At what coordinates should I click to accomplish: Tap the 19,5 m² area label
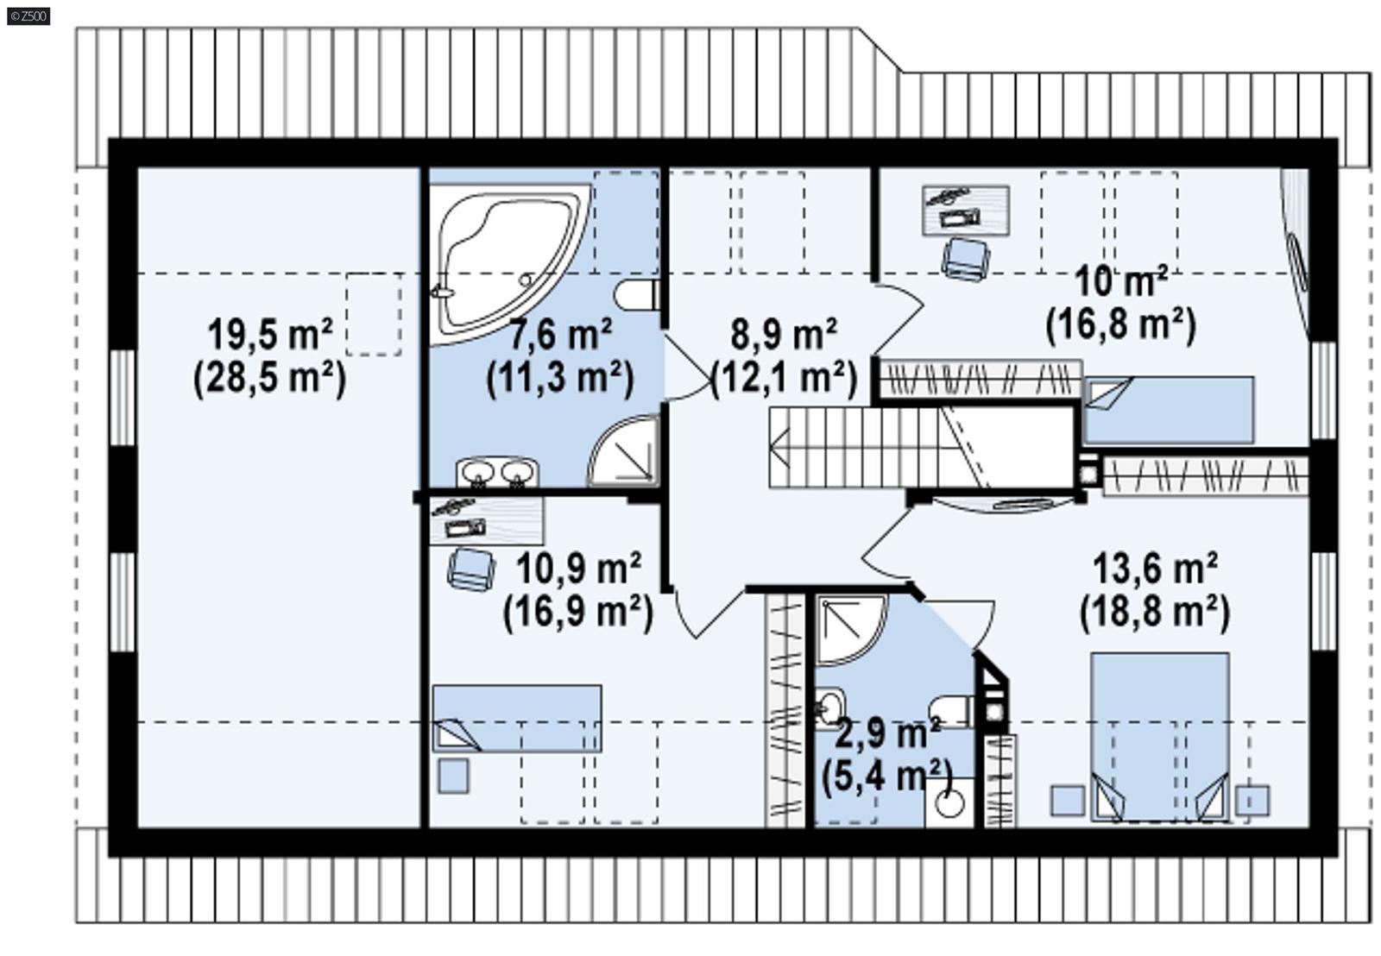tap(269, 334)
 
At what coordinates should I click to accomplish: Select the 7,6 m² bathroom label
tap(560, 334)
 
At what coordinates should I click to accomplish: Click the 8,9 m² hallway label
tap(783, 334)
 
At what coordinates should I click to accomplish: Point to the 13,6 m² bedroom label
tap(1155, 569)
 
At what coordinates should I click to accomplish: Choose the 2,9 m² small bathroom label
tap(887, 733)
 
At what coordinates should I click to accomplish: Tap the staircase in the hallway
tap(863, 447)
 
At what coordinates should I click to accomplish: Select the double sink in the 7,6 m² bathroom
tap(497, 473)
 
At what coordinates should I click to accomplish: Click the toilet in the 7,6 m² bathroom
tap(640, 295)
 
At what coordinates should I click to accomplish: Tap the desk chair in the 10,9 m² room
tap(470, 569)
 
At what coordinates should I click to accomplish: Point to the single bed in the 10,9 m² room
tap(517, 718)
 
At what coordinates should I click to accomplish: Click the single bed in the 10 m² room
tap(1168, 410)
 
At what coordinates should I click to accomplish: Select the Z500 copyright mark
tap(28, 16)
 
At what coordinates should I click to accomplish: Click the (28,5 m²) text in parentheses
tap(269, 378)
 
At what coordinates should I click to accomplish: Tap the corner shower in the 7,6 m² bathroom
tap(623, 450)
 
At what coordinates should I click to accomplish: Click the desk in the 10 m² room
tap(965, 210)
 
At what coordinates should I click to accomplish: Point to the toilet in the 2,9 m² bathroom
tap(955, 710)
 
